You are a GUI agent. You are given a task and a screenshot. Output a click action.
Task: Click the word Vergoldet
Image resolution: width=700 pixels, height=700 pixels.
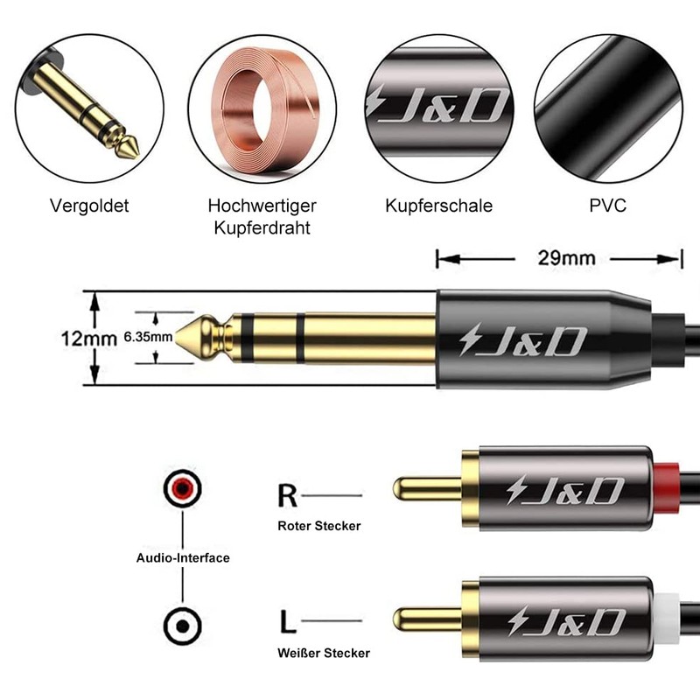click(x=89, y=206)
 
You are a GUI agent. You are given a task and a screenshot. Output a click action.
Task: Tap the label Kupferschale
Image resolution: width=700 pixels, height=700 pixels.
click(x=438, y=206)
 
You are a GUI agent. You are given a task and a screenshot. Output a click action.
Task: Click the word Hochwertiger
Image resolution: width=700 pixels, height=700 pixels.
click(x=262, y=206)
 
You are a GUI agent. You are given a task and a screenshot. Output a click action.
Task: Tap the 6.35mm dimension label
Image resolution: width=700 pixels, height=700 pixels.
click(x=148, y=336)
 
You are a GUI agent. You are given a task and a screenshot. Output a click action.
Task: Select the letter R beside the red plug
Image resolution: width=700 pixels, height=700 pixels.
click(x=287, y=496)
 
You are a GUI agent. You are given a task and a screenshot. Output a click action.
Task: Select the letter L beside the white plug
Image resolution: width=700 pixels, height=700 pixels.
click(x=287, y=622)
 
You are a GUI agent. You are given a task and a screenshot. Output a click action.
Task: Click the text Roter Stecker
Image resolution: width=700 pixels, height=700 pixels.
click(x=318, y=526)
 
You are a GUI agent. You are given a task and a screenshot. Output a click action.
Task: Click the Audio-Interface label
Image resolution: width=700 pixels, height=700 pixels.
click(x=183, y=557)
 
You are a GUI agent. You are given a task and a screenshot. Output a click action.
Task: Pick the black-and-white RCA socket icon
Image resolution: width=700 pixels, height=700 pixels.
click(x=182, y=625)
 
